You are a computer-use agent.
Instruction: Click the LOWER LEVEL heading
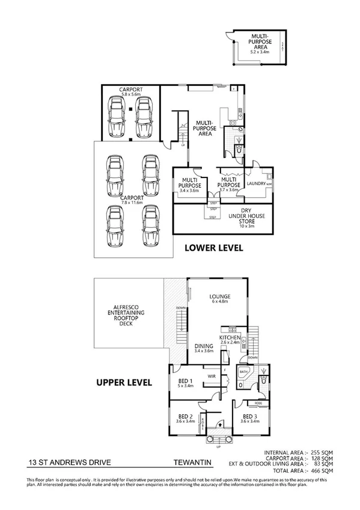point(213,247)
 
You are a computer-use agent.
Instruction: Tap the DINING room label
point(204,345)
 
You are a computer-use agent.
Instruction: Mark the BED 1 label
point(185,380)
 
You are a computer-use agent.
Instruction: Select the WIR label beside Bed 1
point(211,376)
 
